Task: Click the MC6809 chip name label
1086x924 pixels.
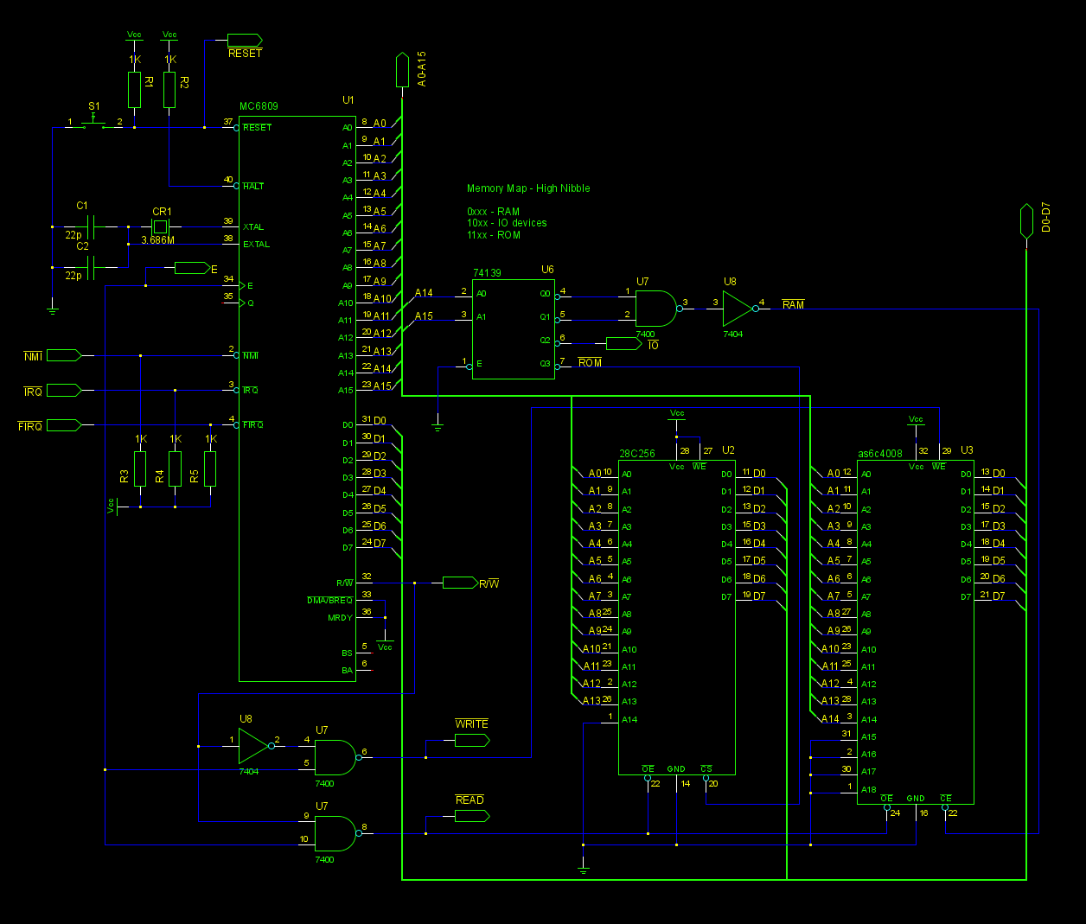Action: click(259, 106)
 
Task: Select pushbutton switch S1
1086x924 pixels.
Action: click(93, 123)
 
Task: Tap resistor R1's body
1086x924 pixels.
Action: click(134, 90)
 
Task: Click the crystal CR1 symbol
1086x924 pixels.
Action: click(160, 226)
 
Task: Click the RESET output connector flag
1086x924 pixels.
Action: click(244, 40)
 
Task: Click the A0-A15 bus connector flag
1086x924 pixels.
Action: click(402, 69)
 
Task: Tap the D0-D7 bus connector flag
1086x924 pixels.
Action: click(1026, 220)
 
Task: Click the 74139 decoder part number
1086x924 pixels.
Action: click(487, 273)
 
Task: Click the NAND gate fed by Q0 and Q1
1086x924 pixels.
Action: click(655, 309)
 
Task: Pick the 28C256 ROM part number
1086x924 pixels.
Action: click(637, 453)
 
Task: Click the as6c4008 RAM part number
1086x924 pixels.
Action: click(880, 454)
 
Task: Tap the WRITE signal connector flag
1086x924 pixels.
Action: click(472, 741)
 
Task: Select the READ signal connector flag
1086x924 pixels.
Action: click(472, 816)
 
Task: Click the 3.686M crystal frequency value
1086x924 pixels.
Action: click(158, 240)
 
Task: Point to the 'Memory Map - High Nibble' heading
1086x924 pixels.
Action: click(528, 188)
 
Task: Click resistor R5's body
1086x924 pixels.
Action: click(210, 468)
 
